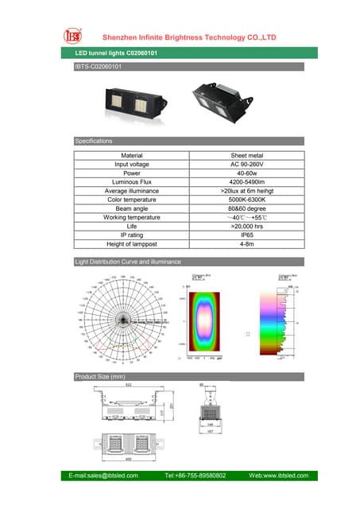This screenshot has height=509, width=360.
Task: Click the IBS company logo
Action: pyautogui.click(x=71, y=37)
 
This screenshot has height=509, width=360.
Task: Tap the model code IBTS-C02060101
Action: pyautogui.click(x=99, y=67)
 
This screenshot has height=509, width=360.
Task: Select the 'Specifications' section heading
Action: pyautogui.click(x=94, y=141)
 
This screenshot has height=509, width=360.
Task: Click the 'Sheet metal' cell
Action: pyautogui.click(x=246, y=156)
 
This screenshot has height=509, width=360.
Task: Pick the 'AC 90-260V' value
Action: pyautogui.click(x=246, y=165)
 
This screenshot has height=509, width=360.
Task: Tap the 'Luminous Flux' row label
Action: pyautogui.click(x=131, y=182)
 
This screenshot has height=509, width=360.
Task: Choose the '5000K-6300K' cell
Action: pyautogui.click(x=246, y=200)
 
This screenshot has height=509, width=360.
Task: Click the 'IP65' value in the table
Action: pyautogui.click(x=246, y=235)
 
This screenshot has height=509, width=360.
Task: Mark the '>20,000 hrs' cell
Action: pyautogui.click(x=246, y=227)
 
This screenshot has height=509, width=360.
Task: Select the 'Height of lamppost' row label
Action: pyautogui.click(x=131, y=244)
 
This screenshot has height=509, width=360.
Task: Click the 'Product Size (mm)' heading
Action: pyautogui.click(x=100, y=376)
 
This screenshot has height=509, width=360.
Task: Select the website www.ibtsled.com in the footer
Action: pyautogui.click(x=273, y=476)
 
